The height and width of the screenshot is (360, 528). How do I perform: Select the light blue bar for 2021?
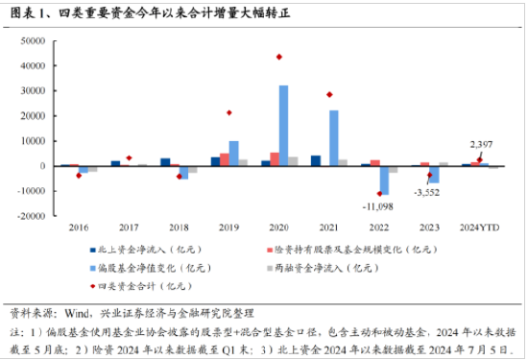tap(333, 137)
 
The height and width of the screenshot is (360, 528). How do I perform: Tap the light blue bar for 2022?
tap(384, 180)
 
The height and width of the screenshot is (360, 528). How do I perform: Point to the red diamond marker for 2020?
tap(279, 57)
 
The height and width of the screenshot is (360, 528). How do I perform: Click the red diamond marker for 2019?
tap(229, 112)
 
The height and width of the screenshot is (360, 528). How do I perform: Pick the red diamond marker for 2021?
tap(329, 94)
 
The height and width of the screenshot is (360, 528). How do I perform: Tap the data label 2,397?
tap(482, 143)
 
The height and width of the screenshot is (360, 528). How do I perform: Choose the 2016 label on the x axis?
tap(79, 228)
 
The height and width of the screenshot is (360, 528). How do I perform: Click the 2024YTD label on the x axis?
tap(479, 228)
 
